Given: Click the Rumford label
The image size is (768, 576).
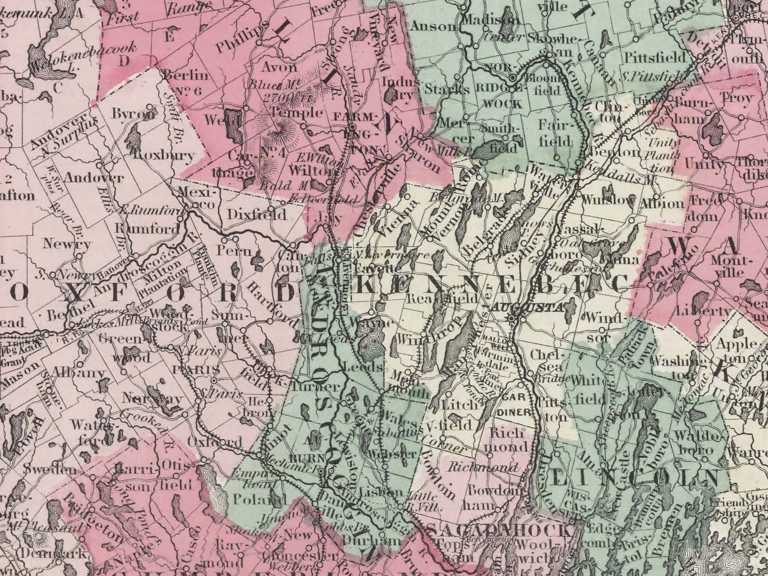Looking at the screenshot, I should pos(148,229).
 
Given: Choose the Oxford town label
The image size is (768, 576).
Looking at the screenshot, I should pos(215,442).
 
